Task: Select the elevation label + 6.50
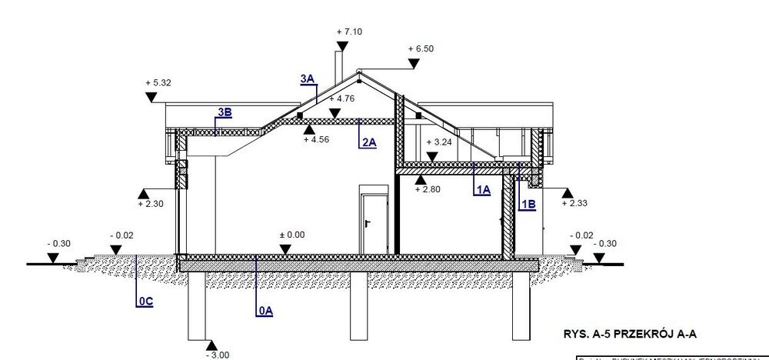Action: (x=423, y=48)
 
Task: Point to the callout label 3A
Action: (x=308, y=78)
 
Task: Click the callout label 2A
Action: (x=368, y=142)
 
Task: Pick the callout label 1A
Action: (x=481, y=189)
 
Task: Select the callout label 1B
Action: (x=529, y=204)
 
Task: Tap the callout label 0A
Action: (x=265, y=310)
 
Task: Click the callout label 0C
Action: (x=145, y=302)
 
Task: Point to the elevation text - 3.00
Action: (x=217, y=355)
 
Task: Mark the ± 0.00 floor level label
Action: (x=292, y=235)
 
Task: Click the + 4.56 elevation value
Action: (x=317, y=140)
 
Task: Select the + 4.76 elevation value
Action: (x=341, y=98)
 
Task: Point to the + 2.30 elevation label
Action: (x=150, y=204)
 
